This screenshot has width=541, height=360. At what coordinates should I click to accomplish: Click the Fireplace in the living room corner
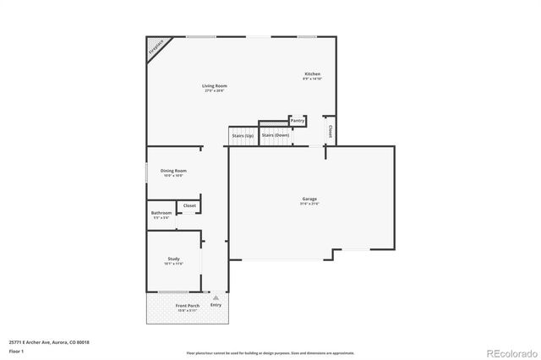tap(156, 48)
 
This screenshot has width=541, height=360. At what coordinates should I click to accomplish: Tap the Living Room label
tap(214, 86)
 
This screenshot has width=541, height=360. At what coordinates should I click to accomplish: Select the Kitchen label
tap(312, 74)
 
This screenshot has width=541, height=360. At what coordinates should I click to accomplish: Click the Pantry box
tap(298, 121)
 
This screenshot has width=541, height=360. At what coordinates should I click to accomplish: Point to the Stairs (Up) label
tap(242, 135)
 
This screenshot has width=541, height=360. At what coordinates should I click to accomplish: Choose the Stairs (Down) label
tap(275, 135)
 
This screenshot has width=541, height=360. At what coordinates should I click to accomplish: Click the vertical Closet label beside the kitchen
tap(330, 132)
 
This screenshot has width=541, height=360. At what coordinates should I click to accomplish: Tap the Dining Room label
tap(173, 171)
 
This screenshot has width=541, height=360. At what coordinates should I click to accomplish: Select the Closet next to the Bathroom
tap(189, 205)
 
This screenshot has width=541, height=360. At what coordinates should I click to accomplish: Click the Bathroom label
tap(161, 212)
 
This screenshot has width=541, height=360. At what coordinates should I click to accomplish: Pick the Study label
tap(173, 259)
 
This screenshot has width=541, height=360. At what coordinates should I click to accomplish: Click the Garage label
tap(309, 199)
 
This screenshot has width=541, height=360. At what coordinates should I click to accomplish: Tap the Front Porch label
tap(187, 305)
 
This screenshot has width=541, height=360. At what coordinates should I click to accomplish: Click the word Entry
tap(216, 305)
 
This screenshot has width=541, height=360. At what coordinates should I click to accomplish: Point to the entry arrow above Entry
tap(216, 297)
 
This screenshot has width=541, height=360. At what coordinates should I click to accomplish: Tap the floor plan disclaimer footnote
tap(270, 352)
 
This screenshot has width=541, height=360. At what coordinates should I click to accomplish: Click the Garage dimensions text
tap(309, 205)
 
